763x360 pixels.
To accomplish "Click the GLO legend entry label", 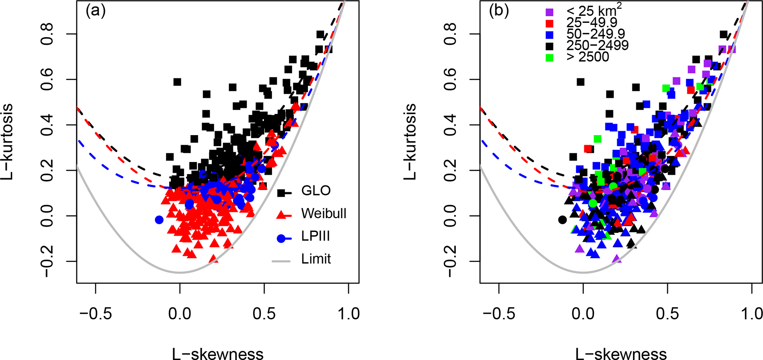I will point(316,191).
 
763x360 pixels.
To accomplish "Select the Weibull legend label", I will point(324,213).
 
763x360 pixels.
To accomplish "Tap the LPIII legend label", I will point(315,236).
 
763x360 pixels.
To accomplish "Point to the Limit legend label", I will point(316,259).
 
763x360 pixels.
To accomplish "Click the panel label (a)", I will point(96,11).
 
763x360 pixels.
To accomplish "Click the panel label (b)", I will point(499,11).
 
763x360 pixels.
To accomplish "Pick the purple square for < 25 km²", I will point(550,12).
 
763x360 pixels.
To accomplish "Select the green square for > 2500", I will point(550,58).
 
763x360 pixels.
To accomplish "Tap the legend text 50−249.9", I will point(595,34).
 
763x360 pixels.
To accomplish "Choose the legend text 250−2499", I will point(597,45).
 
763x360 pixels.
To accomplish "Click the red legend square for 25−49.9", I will point(550,24).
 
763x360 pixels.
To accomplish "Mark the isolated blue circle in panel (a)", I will point(159,220).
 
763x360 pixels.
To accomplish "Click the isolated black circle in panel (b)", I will point(562,220).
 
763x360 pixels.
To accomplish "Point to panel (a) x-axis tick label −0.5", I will point(96,314).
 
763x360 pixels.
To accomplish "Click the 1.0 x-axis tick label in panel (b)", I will point(752,314).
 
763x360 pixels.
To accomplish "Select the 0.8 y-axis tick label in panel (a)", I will point(48,34).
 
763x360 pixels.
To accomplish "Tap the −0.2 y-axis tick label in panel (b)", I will point(451,261).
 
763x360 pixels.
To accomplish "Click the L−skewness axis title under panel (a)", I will point(218,353).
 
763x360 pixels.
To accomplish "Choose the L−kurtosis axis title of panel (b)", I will point(410,142).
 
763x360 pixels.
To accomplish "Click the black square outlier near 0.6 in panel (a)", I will point(177,82).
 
